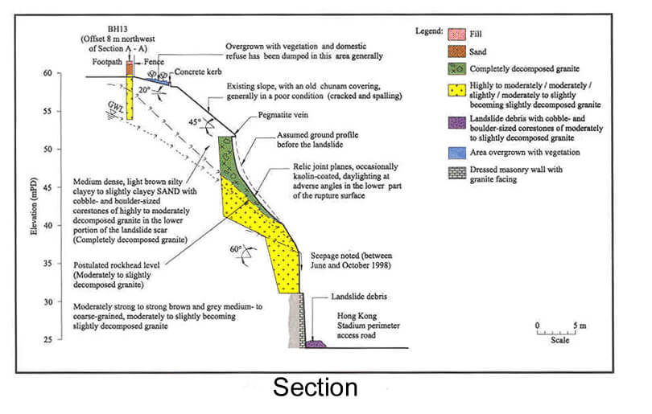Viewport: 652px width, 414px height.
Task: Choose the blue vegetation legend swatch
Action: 459,151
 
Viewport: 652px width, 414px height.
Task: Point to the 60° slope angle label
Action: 237,250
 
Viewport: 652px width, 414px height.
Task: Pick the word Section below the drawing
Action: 315,388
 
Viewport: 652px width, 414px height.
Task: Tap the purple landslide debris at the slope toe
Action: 316,343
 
